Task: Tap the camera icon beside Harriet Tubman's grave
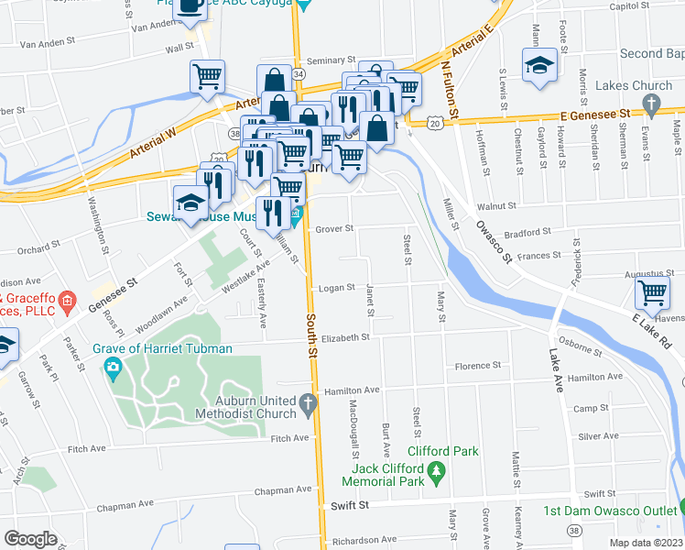114,369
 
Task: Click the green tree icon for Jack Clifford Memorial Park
437,471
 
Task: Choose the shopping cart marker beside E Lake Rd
652,293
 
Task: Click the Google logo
31,539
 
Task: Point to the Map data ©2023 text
645,543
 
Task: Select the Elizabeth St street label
343,337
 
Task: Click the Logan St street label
336,288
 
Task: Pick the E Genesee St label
596,114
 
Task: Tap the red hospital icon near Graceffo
66,300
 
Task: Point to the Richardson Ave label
363,540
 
